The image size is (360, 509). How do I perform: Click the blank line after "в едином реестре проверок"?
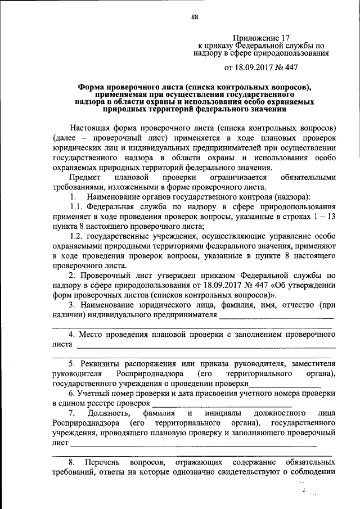click(222, 403)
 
